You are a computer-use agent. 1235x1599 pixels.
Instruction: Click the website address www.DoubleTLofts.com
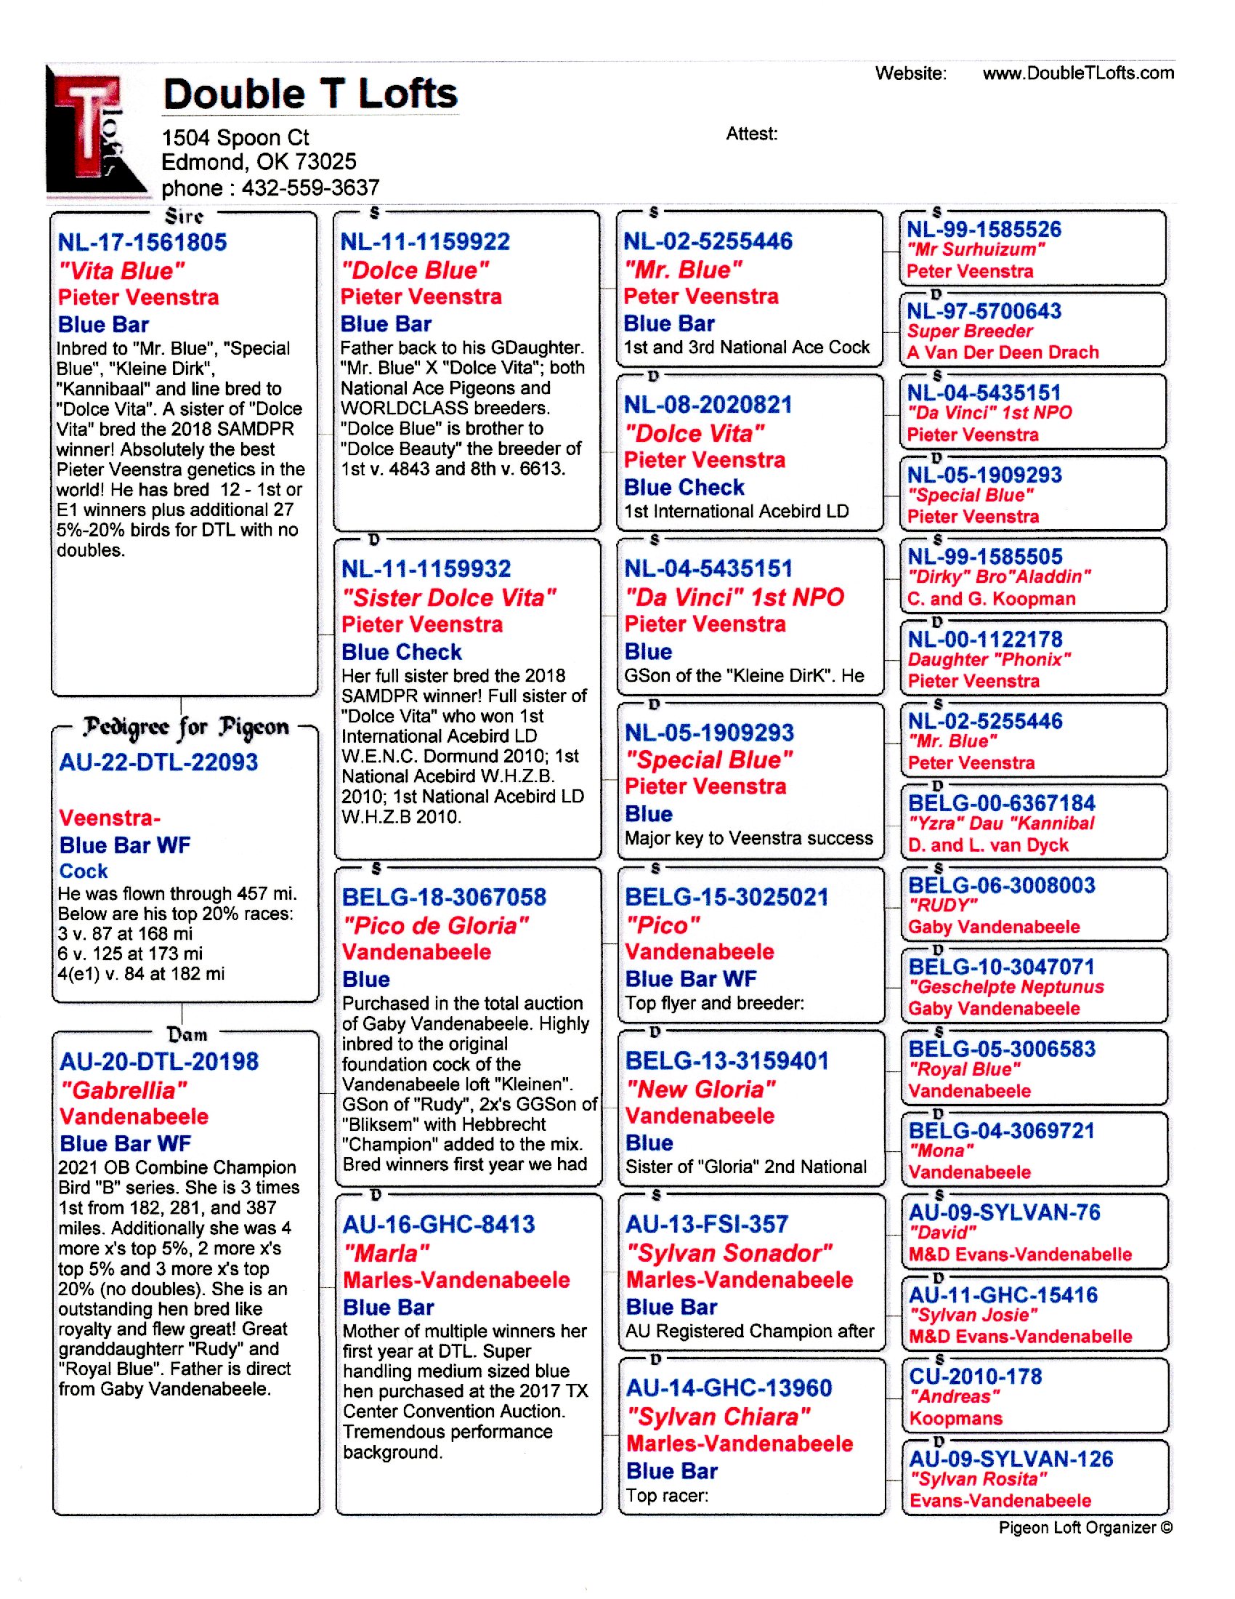click(x=1077, y=73)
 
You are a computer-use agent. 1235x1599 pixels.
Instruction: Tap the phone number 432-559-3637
click(x=310, y=188)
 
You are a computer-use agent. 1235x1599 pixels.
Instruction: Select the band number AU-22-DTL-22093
click(x=158, y=762)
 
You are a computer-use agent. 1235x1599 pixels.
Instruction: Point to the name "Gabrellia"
click(x=123, y=1090)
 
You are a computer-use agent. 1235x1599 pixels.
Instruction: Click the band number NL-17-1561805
click(x=142, y=242)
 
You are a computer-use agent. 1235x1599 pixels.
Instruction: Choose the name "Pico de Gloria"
click(x=435, y=925)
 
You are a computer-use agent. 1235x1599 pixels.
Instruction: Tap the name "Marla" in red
click(x=386, y=1253)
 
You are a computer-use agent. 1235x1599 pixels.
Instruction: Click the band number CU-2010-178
click(x=975, y=1376)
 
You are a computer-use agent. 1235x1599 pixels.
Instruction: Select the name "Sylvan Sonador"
click(x=729, y=1253)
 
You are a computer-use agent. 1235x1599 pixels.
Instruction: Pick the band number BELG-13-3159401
click(x=726, y=1060)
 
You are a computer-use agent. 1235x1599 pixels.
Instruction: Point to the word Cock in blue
click(x=84, y=871)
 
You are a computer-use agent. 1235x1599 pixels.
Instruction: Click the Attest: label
click(x=751, y=134)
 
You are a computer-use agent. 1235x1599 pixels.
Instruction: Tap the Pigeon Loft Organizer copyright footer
click(x=1085, y=1527)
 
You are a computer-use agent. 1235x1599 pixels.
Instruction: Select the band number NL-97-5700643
click(x=984, y=311)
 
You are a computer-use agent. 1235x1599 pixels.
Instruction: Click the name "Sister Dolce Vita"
click(x=448, y=597)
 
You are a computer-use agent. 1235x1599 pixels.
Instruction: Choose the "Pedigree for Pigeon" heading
click(x=185, y=727)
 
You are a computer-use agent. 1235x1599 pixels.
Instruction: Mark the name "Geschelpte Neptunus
click(x=1006, y=986)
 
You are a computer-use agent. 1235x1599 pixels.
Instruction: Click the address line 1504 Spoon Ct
click(x=235, y=137)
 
